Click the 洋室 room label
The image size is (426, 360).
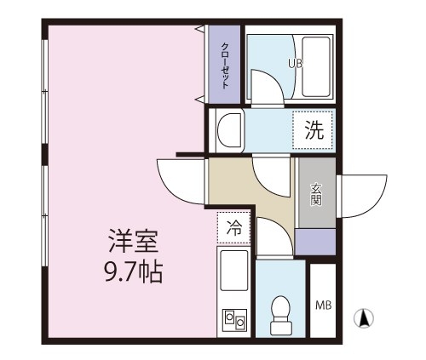click(x=134, y=241)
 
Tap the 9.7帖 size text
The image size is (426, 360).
click(x=134, y=271)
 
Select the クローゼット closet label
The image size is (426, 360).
click(x=225, y=66)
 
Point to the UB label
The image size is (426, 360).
click(x=296, y=63)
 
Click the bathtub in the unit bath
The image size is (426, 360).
click(x=316, y=66)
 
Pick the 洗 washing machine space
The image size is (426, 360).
click(x=313, y=130)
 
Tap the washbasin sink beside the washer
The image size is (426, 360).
click(x=229, y=130)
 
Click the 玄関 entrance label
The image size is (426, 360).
click(x=316, y=194)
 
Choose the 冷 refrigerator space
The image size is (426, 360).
click(x=233, y=227)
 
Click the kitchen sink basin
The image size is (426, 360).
click(x=234, y=271)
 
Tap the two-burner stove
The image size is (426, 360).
click(x=234, y=319)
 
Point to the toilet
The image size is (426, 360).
click(x=280, y=315)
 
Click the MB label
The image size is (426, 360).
click(x=324, y=306)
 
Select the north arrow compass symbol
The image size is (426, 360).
click(x=363, y=318)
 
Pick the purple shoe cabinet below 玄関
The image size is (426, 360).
click(x=315, y=242)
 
